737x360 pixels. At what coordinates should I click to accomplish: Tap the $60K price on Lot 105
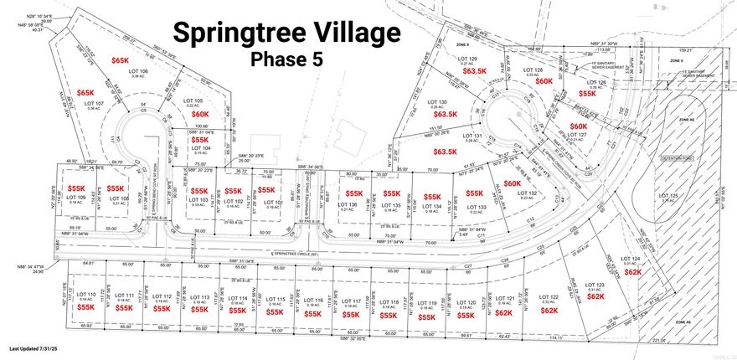pyautogui.click(x=199, y=114)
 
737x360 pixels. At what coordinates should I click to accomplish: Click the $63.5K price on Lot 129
pyautogui.click(x=475, y=71)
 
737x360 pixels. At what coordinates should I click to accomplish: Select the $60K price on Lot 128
pyautogui.click(x=544, y=81)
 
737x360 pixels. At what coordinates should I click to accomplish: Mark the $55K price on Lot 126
pyautogui.click(x=587, y=94)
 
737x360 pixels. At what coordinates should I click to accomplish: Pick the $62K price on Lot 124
pyautogui.click(x=633, y=272)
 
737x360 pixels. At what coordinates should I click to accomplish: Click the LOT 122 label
pyautogui.click(x=549, y=298)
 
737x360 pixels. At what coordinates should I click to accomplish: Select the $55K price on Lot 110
pyautogui.click(x=85, y=307)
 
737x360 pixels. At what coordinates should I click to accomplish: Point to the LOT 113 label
pyautogui.click(x=200, y=297)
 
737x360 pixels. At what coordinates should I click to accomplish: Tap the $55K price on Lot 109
pyautogui.click(x=77, y=189)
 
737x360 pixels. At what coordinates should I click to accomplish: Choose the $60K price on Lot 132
pyautogui.click(x=513, y=183)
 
